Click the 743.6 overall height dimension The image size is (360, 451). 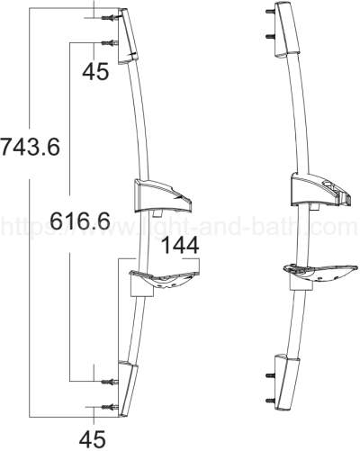click(x=31, y=147)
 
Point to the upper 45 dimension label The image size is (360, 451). click(x=94, y=72)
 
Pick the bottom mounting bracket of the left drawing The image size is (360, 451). click(x=125, y=386)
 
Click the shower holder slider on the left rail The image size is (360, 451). click(x=158, y=194)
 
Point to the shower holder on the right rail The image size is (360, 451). click(x=315, y=189)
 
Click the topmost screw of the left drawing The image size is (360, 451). click(x=110, y=17)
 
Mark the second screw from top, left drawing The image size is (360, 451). click(x=110, y=41)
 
